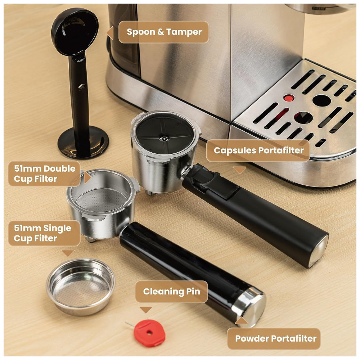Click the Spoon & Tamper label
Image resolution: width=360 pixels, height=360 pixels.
click(164, 32)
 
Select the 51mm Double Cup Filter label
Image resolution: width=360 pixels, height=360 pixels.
click(44, 174)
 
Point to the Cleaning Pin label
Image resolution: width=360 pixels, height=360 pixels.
click(171, 291)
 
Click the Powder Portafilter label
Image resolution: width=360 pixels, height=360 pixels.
click(275, 338)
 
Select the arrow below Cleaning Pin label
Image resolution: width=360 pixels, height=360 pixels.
click(146, 310)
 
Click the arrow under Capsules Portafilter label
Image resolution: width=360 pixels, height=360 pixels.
click(239, 169)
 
